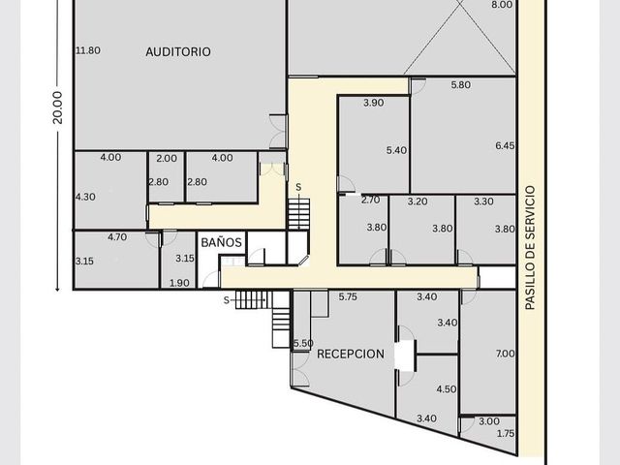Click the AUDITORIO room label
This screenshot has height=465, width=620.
(x=178, y=51)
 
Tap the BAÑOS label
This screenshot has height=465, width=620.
(x=221, y=242)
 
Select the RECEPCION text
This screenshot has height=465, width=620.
(x=351, y=354)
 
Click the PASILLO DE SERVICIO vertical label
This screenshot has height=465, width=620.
(x=530, y=248)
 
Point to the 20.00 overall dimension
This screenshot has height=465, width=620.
(x=58, y=108)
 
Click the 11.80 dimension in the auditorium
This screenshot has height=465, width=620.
(x=88, y=50)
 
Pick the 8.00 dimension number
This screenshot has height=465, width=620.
(x=502, y=5)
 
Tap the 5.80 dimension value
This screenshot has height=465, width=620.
(x=461, y=84)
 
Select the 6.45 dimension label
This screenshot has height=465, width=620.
(x=505, y=145)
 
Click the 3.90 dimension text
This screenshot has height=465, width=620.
(x=374, y=103)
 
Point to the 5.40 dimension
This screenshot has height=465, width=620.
(x=396, y=150)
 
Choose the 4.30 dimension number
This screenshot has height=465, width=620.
(x=85, y=197)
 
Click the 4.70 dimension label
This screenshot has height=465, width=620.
(x=117, y=237)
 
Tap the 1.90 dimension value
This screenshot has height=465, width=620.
(x=179, y=283)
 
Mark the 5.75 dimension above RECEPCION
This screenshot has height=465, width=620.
(x=348, y=297)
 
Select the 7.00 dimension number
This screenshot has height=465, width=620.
(x=506, y=354)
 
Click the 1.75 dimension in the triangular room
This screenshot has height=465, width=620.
(x=506, y=433)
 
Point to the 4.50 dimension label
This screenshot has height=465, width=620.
(x=447, y=389)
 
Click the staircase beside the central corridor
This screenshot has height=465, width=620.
(x=298, y=214)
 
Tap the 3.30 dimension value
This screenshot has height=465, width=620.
(x=483, y=201)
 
